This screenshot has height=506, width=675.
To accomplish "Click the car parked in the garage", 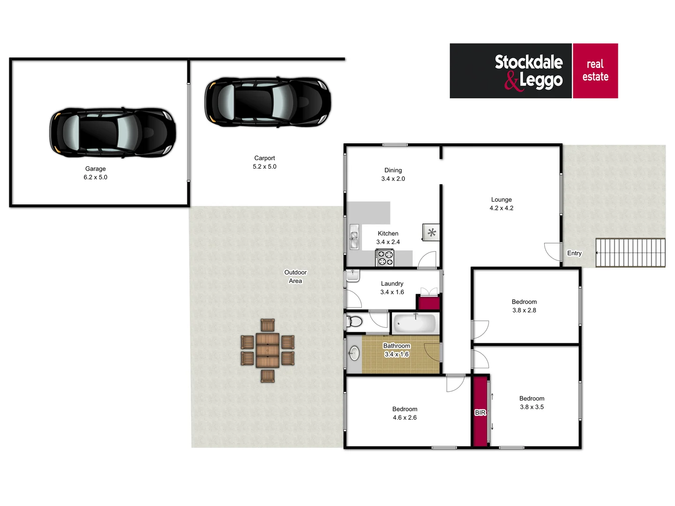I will (113, 132).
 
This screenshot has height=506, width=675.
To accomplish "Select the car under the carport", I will (268, 102).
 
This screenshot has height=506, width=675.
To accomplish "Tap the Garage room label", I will (95, 169).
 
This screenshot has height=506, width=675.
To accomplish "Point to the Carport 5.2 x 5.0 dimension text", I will (264, 167).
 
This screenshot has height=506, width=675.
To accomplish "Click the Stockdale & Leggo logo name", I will (528, 71).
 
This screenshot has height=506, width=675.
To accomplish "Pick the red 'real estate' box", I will (595, 71).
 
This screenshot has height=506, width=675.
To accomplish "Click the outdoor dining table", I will (268, 350).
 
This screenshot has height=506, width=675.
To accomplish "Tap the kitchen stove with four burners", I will (385, 258).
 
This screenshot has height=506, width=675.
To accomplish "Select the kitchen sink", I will (354, 237).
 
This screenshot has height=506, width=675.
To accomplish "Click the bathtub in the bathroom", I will (415, 323).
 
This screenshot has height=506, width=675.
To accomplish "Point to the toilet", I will (354, 322).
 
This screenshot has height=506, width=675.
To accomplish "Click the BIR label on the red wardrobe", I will (480, 412).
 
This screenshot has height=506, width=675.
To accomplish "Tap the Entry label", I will (574, 253).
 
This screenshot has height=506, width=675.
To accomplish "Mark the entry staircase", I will (630, 253).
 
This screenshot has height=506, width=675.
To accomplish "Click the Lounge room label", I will (501, 200).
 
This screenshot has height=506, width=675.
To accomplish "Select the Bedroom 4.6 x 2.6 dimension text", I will (405, 417).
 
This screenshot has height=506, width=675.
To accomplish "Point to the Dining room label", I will (393, 170).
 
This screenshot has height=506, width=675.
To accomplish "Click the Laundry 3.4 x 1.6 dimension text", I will (392, 292).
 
